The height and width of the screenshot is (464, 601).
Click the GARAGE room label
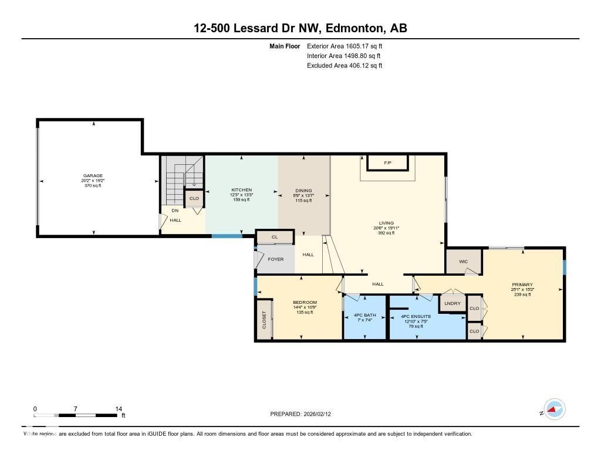pyautogui.click(x=93, y=175)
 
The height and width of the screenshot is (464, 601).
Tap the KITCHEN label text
pyautogui.click(x=241, y=190)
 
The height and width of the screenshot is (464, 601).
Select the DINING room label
pyautogui.click(x=303, y=191)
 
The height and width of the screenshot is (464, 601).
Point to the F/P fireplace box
pyautogui.click(x=387, y=162)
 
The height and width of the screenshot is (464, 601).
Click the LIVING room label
pyautogui.click(x=386, y=223)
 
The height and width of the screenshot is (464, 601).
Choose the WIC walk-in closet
pyautogui.click(x=464, y=261)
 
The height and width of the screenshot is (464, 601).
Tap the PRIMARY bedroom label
pyautogui.click(x=522, y=285)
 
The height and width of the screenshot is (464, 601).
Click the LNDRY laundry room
pyautogui.click(x=453, y=303)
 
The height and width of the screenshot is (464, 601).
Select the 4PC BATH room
pyautogui.click(x=364, y=316)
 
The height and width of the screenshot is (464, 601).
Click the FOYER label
pyautogui.click(x=276, y=259)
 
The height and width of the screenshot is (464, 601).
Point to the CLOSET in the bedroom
pyautogui.click(x=264, y=320)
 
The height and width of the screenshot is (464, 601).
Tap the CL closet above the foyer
pyautogui.click(x=275, y=238)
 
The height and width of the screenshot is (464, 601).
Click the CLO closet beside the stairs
pyautogui.click(x=194, y=199)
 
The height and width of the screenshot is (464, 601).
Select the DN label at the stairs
pyautogui.click(x=175, y=211)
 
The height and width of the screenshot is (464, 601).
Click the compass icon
pyautogui.click(x=554, y=409)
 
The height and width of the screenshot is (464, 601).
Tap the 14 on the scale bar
pyautogui.click(x=119, y=409)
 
